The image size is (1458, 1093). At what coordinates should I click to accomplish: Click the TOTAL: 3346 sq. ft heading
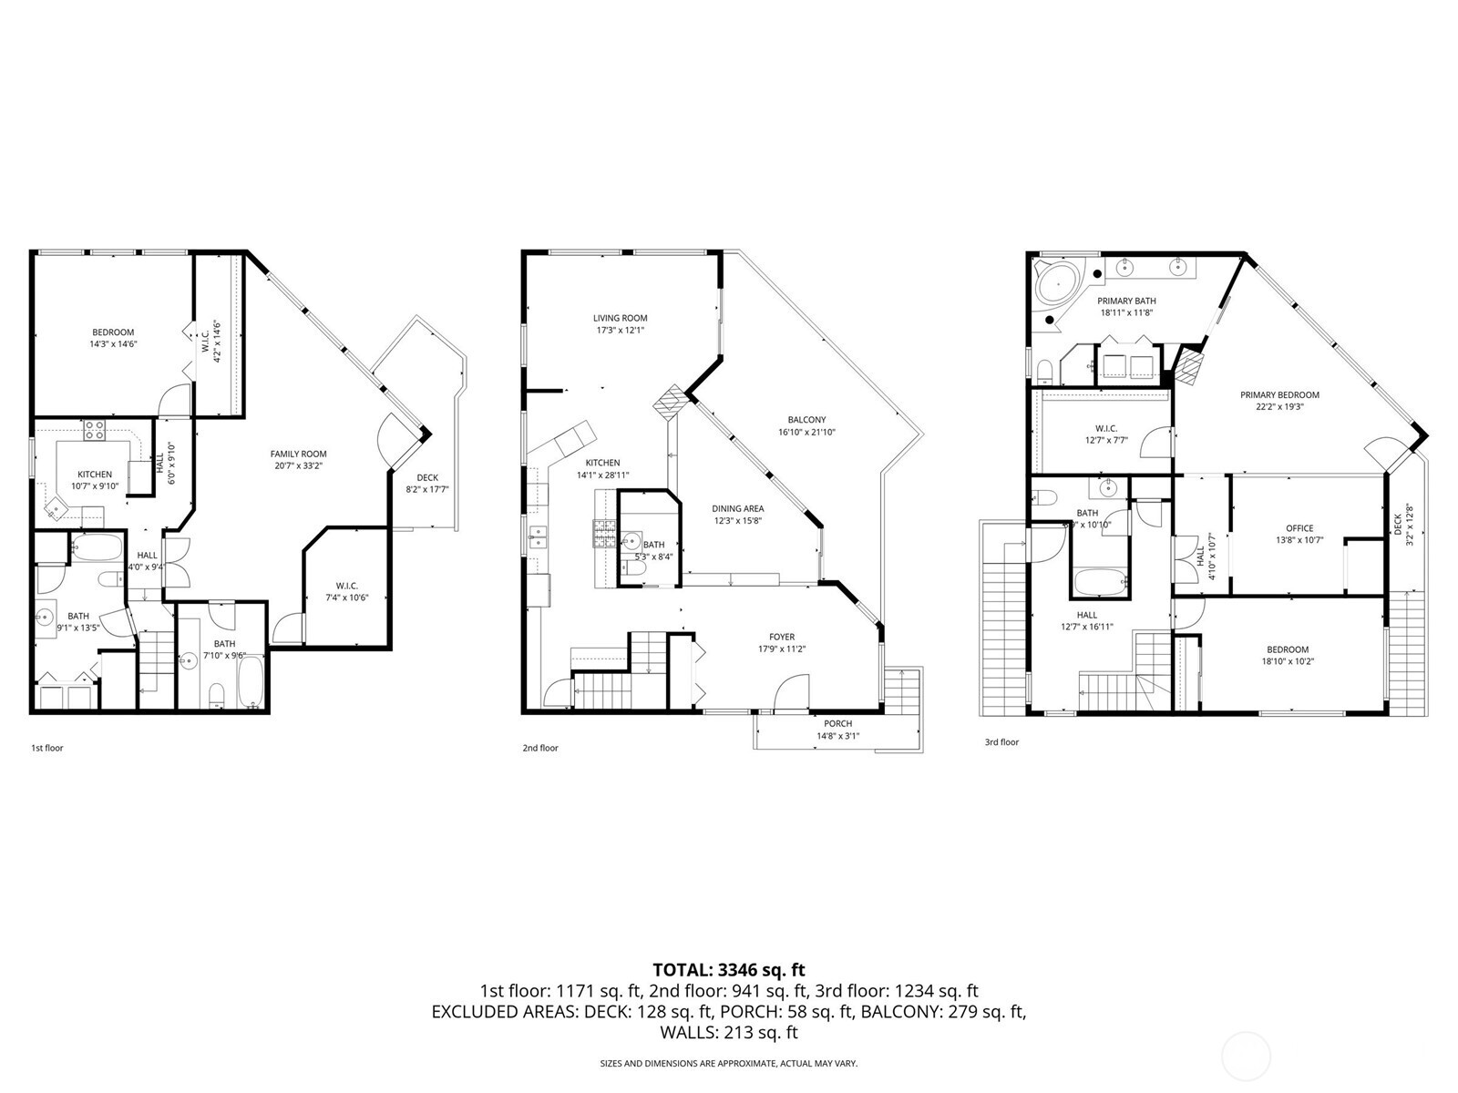(x=729, y=970)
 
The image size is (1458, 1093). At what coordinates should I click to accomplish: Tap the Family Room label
(x=298, y=454)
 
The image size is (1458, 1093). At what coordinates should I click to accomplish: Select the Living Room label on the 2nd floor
(x=620, y=318)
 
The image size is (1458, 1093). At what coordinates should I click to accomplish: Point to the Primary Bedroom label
(x=1279, y=394)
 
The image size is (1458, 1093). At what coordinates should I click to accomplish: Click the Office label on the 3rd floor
(x=1299, y=528)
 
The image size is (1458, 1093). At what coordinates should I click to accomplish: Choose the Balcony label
(x=806, y=420)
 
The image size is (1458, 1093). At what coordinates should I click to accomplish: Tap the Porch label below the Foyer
(x=837, y=723)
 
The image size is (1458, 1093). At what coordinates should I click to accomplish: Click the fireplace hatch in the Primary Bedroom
(x=1189, y=367)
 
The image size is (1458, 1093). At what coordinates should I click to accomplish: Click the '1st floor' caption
(x=47, y=748)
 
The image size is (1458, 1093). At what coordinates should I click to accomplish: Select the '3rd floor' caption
(x=1001, y=742)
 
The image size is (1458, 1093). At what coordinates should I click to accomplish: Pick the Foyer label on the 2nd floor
(x=782, y=637)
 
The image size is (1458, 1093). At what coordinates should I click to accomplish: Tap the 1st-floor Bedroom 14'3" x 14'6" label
(x=113, y=338)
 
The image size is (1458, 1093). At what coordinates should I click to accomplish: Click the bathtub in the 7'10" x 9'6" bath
(x=251, y=679)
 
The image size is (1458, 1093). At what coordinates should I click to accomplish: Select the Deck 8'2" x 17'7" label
(x=427, y=483)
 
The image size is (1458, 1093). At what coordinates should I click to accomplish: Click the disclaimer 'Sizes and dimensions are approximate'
(x=728, y=1063)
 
